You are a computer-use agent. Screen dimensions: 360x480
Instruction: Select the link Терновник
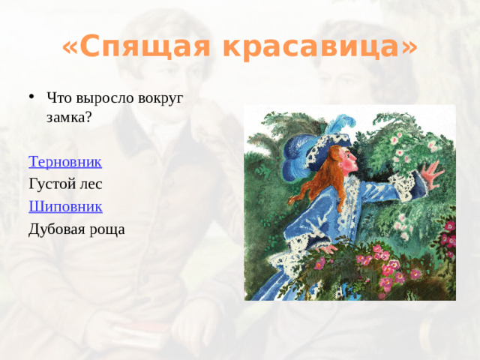pos(64,161)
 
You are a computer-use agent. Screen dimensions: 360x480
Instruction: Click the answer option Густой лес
pos(64,184)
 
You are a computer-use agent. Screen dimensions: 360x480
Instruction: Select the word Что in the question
pos(58,98)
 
